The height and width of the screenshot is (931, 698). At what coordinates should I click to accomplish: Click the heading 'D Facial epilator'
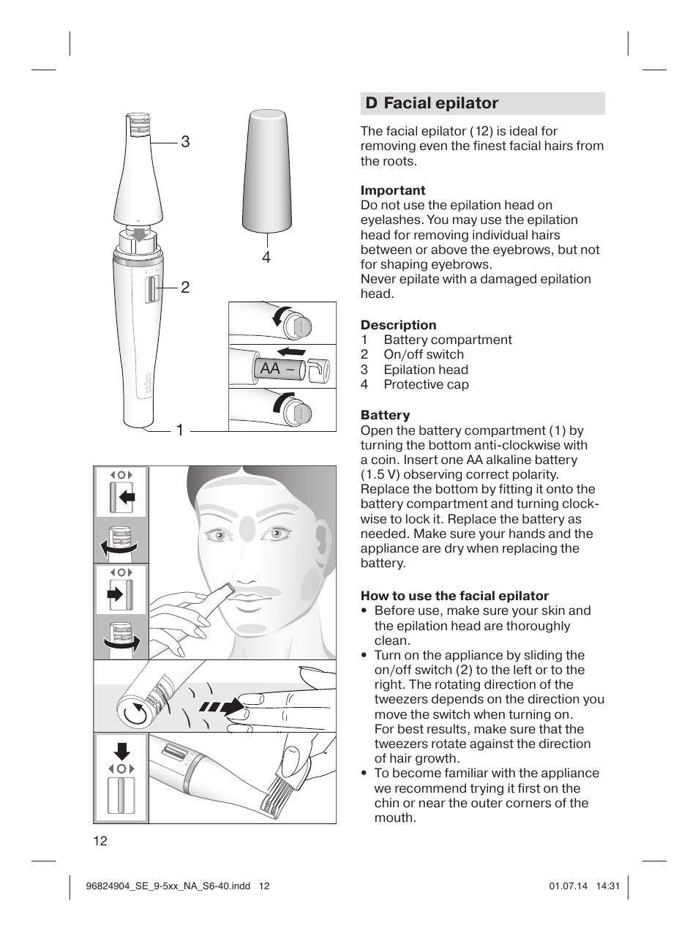point(432,103)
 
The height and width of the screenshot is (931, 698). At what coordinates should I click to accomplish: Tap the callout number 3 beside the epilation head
point(185,141)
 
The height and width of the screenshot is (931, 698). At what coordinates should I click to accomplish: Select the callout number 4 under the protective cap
point(266,257)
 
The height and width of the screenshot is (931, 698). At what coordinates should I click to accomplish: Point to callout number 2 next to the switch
point(185,288)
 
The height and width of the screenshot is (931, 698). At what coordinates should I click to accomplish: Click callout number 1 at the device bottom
point(179,431)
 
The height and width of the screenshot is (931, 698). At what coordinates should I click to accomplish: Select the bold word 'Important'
point(392,190)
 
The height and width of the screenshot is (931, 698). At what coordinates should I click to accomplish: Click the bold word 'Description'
point(398,325)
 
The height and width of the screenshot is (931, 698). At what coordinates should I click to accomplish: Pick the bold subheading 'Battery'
point(385,415)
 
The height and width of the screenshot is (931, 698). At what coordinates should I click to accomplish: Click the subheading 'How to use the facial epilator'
point(454,596)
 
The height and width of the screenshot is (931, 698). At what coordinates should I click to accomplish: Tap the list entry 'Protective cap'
point(426,384)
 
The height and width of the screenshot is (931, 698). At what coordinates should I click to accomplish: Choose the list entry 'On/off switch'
point(423,354)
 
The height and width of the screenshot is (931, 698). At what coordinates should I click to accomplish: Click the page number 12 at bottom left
point(100,841)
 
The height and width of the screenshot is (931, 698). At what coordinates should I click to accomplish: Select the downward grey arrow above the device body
point(139,233)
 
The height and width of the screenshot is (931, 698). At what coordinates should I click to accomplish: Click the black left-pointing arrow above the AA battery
point(290,351)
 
